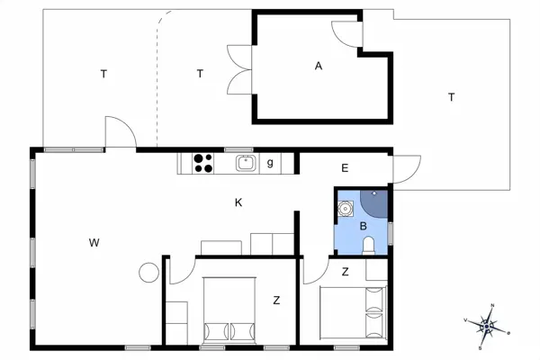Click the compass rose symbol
pos(487,327)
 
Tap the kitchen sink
pos(247,163)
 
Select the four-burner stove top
pos(202,163)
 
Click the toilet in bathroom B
pos(368,246)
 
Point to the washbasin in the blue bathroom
pos(345,209)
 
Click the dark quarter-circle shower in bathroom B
pos(374,203)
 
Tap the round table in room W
pos(148,273)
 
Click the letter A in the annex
pos(319,66)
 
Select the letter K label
pos(238,202)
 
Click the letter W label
pos(94,243)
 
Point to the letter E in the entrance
pos(345,168)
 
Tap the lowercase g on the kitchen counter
pos(270,163)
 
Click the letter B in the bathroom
pos(363,226)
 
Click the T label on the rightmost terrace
pos(451,97)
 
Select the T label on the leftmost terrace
pos(103,74)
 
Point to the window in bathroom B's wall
pos(391,234)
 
